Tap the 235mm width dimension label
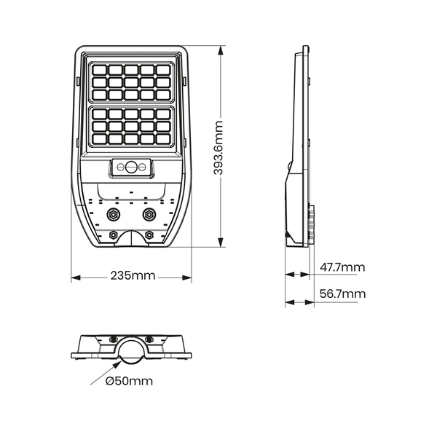(x=133, y=276)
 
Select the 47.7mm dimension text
(x=343, y=267)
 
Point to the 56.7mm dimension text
(x=343, y=294)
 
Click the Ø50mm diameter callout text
(x=129, y=381)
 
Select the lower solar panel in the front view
(x=131, y=127)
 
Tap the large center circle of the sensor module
(x=132, y=167)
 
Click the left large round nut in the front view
(x=113, y=214)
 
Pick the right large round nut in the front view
(x=150, y=214)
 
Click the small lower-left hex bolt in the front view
(x=113, y=235)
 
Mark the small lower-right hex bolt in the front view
(x=150, y=235)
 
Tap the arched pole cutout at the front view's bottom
(x=131, y=240)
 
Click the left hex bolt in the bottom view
(x=112, y=339)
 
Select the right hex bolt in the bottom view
(x=151, y=339)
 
